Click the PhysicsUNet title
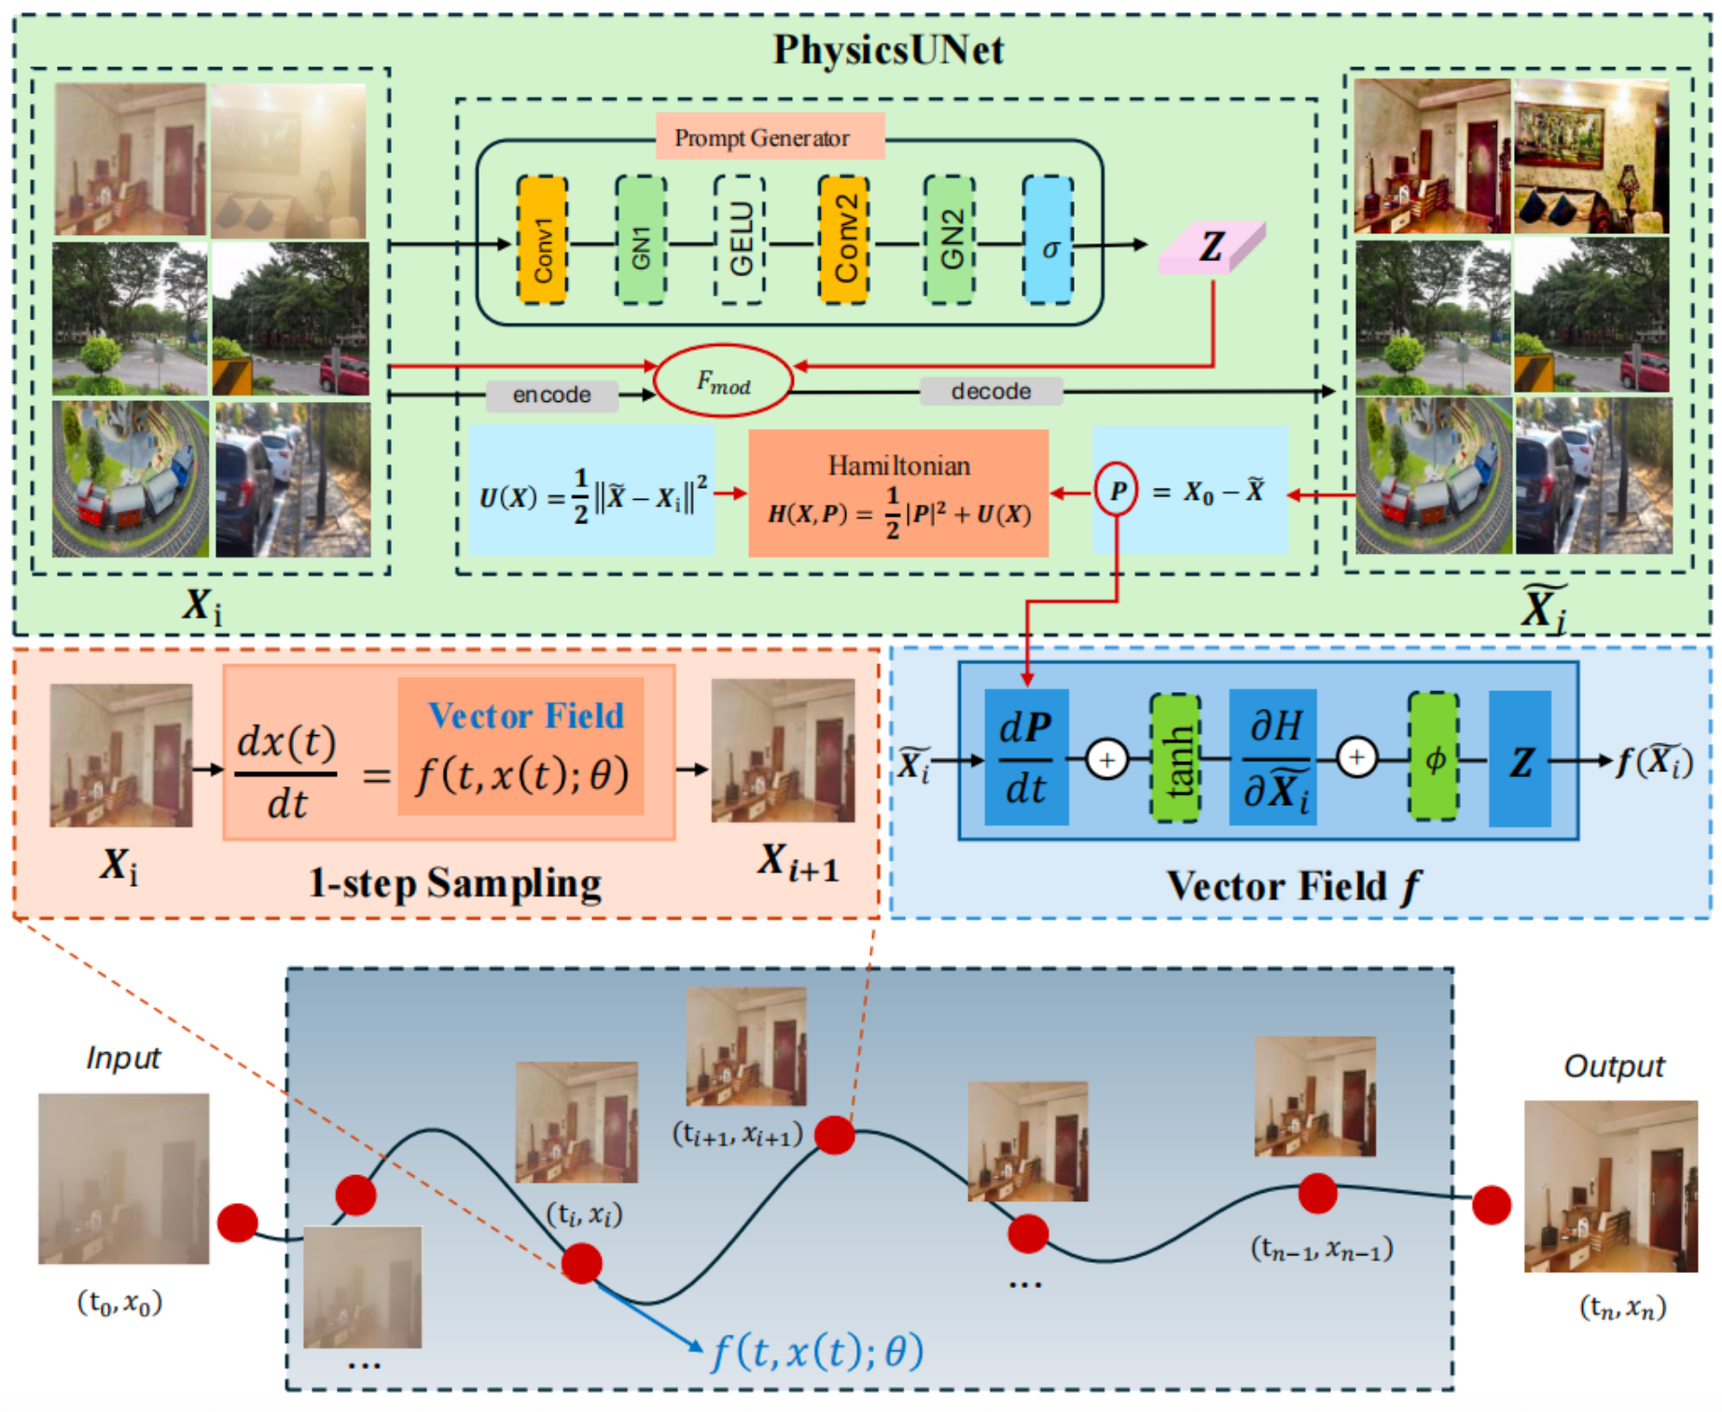888,49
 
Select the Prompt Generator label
762,138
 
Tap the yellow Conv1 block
542,241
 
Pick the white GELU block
740,241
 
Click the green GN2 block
950,241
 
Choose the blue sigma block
1048,241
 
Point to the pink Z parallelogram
1211,248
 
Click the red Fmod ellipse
724,381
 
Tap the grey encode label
551,395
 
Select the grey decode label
991,392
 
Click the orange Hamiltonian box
898,493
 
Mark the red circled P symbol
1117,491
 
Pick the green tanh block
1175,758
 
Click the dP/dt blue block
1026,757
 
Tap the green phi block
1434,757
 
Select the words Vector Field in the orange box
526,715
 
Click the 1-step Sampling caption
455,882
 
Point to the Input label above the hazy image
122,1058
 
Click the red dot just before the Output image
1492,1205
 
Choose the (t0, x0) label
119,1302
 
